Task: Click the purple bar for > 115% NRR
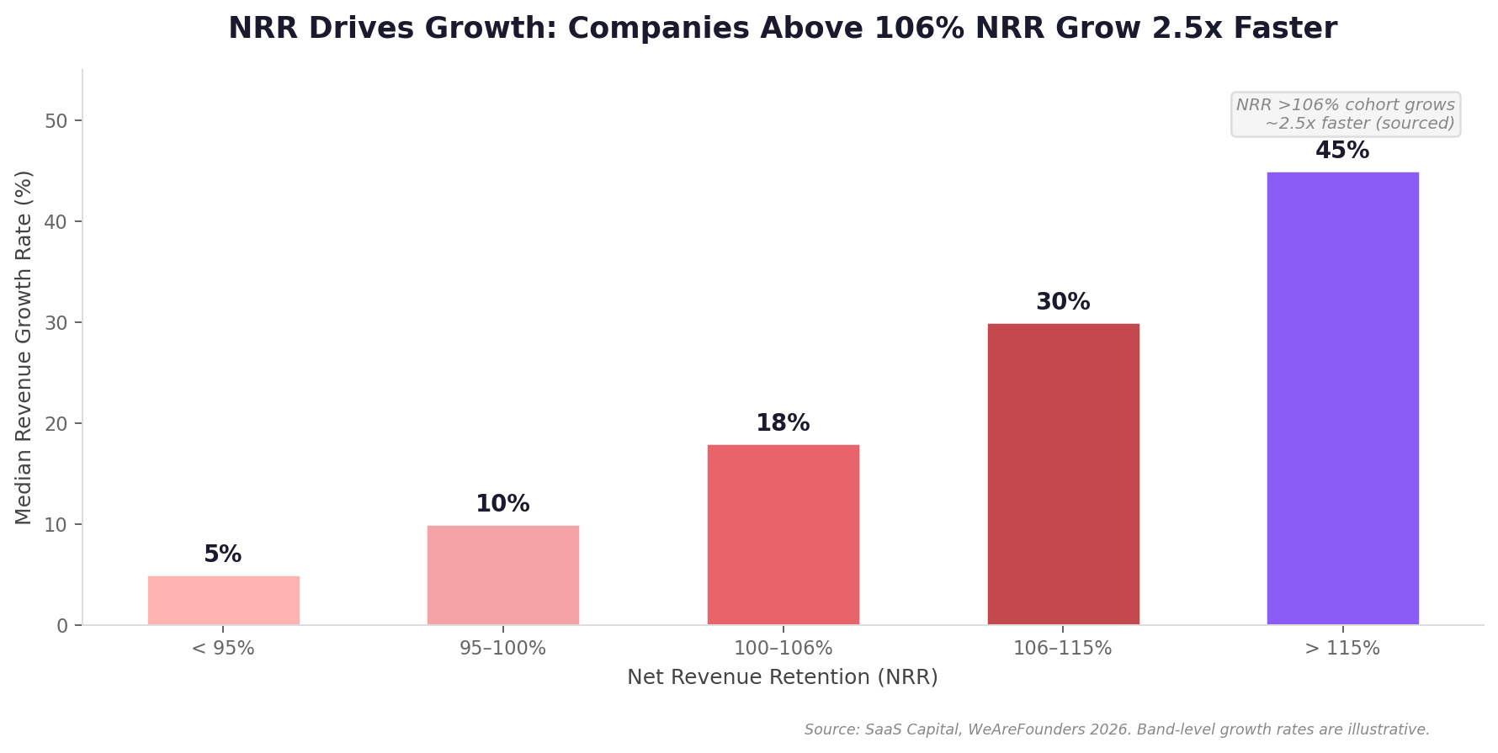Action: tap(1342, 399)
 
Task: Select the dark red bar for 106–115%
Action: tap(1063, 475)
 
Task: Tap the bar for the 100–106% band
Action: tap(783, 535)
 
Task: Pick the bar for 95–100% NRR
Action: tap(502, 575)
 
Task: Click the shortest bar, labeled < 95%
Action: tap(223, 601)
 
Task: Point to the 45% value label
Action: tap(1342, 151)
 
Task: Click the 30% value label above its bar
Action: tap(1063, 303)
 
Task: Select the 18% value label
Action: tap(783, 424)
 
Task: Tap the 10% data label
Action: tap(502, 505)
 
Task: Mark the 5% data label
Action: tap(223, 555)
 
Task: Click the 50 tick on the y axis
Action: tap(56, 121)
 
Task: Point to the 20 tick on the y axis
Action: tap(56, 424)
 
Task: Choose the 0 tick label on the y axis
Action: tap(62, 626)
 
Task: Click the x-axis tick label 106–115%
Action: tap(1063, 649)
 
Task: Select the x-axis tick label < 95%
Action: tap(223, 649)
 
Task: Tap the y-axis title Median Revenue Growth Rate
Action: tap(24, 347)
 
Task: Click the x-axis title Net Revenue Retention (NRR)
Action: tap(783, 677)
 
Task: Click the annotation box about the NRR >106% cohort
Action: tap(1345, 114)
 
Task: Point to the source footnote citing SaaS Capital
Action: tap(1117, 729)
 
